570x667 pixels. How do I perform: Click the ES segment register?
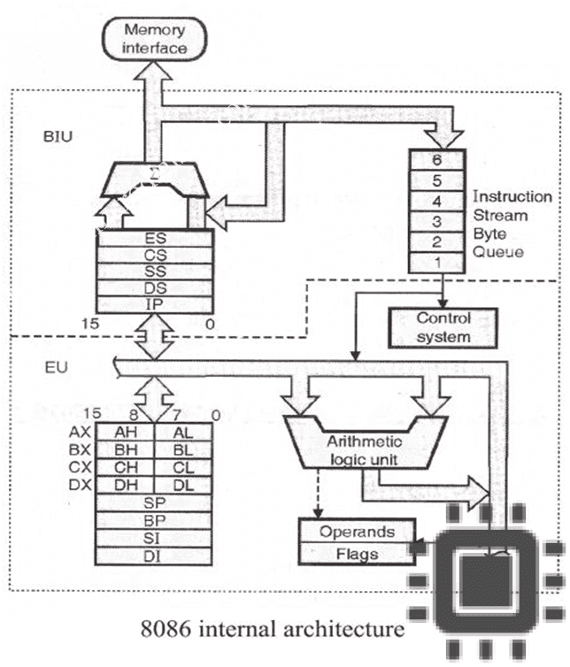[x=155, y=239]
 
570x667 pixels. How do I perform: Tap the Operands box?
[x=357, y=532]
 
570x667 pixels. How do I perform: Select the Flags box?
[x=357, y=555]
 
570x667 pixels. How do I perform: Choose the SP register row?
[x=156, y=502]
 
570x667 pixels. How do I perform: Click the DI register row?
[x=156, y=555]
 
